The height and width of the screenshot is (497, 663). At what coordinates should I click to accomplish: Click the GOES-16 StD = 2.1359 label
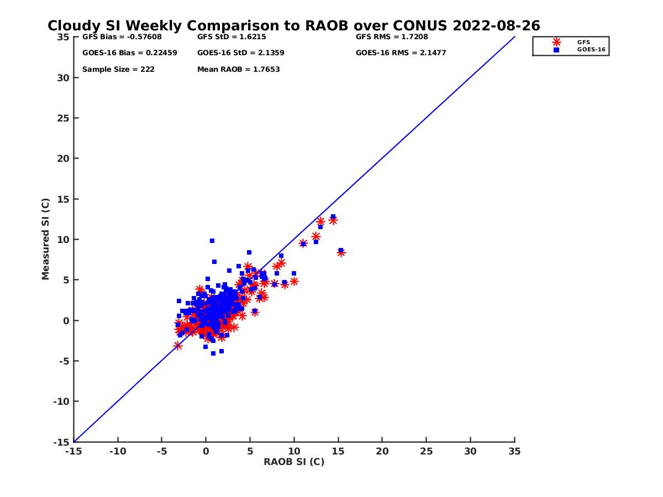tap(241, 53)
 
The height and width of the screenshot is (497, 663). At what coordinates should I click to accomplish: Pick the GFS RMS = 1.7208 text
tap(392, 37)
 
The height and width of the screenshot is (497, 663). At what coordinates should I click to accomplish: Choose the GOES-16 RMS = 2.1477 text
tap(401, 53)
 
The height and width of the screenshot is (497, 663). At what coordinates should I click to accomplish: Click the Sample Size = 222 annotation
tap(118, 70)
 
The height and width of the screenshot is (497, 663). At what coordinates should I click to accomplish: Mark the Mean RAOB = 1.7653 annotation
tap(239, 70)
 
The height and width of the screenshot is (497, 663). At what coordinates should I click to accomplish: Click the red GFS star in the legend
tap(556, 42)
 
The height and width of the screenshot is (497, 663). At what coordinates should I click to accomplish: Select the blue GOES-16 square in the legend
tap(556, 50)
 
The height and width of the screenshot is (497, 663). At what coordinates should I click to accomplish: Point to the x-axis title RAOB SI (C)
tap(294, 462)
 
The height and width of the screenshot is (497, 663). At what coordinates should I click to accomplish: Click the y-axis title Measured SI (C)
tap(45, 239)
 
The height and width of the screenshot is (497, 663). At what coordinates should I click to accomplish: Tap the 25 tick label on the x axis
tap(426, 451)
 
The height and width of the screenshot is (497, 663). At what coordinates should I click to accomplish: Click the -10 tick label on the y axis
tap(62, 401)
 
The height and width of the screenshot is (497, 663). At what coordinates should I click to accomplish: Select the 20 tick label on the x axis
tap(382, 451)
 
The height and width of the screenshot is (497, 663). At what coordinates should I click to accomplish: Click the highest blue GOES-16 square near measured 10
tap(212, 241)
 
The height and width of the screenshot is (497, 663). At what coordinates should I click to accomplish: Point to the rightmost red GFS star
tap(341, 252)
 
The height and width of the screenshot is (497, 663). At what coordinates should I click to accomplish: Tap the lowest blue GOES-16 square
tap(213, 353)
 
